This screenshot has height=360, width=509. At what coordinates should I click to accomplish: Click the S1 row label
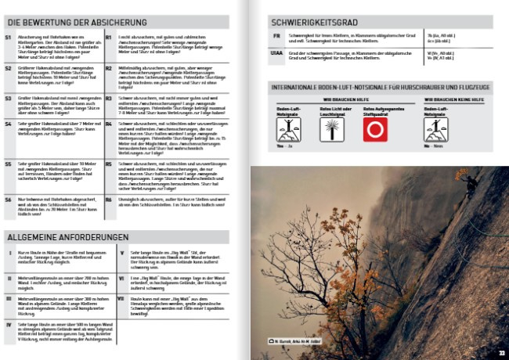coord(9,37)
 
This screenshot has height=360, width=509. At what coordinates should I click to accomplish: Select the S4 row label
coord(9,124)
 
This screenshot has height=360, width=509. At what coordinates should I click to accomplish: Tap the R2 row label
coord(110,68)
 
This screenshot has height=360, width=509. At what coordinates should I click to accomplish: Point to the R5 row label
coord(110,164)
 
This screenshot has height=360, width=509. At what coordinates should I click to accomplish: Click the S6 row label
coord(9,200)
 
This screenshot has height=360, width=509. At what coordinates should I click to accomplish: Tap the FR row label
coord(276,36)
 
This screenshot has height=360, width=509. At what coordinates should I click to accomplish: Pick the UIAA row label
coord(277,53)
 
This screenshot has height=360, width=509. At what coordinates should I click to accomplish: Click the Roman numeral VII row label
coord(121,298)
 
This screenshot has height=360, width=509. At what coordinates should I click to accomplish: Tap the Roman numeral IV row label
coord(9,322)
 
